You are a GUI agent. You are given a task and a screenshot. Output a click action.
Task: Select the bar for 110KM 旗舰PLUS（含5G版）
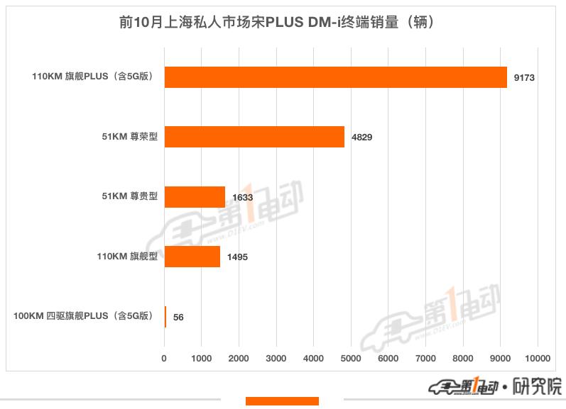point(335,77)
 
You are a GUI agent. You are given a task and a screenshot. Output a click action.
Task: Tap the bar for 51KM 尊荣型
point(254,137)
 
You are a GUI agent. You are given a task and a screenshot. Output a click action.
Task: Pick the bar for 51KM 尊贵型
point(195,197)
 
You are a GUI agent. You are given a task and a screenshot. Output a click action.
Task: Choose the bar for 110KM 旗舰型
point(192,257)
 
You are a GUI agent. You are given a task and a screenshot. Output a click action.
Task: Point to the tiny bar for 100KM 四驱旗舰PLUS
point(165,316)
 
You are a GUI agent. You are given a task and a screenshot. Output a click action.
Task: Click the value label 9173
point(523,77)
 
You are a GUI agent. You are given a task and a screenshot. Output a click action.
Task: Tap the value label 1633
point(242,197)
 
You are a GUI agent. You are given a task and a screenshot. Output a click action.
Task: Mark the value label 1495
point(236,257)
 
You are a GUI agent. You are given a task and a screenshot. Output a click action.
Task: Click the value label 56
point(178,317)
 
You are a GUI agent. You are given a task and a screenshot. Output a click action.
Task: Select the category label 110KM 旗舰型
point(127,257)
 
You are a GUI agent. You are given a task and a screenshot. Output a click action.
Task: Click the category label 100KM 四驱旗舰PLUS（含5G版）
point(83,316)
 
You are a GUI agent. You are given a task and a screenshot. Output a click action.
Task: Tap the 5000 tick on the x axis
point(351,359)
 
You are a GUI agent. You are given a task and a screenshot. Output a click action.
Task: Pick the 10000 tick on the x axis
point(537,359)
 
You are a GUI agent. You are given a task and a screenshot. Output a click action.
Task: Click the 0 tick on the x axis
point(165,359)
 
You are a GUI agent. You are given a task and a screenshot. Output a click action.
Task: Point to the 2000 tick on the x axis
point(239,359)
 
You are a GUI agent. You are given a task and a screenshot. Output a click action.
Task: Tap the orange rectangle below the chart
point(282,402)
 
